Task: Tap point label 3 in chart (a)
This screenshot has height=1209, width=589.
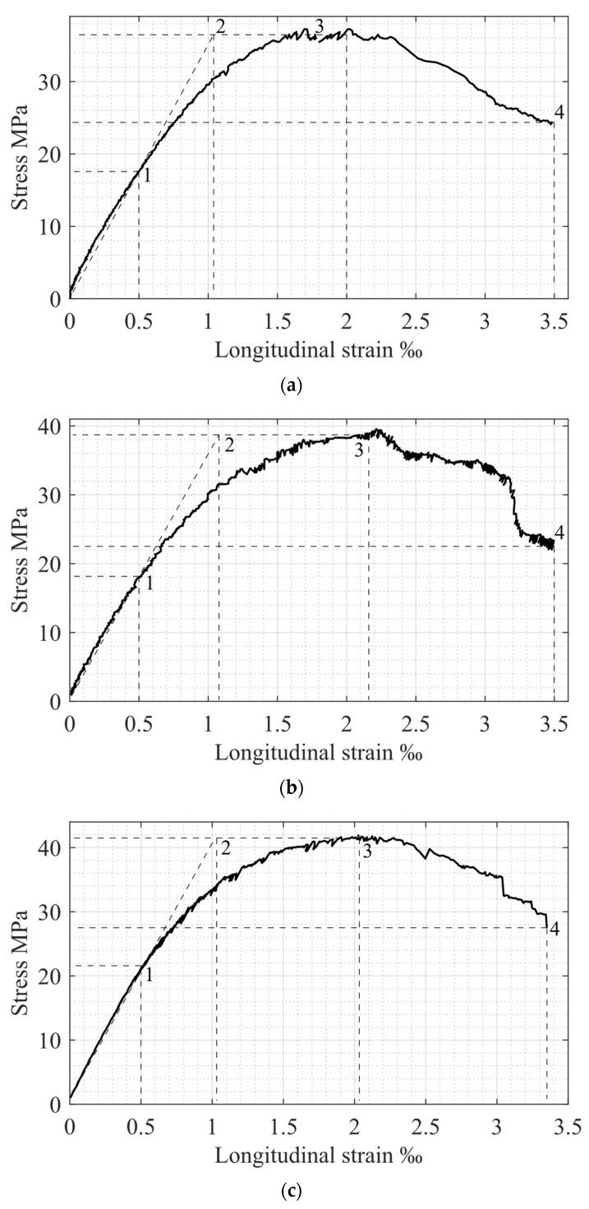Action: (320, 26)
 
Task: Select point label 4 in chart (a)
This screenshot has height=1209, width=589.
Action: (559, 113)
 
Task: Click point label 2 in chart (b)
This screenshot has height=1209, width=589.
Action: (228, 445)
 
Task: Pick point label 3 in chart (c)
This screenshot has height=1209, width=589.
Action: (366, 851)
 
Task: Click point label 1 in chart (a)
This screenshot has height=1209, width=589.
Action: (147, 175)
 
